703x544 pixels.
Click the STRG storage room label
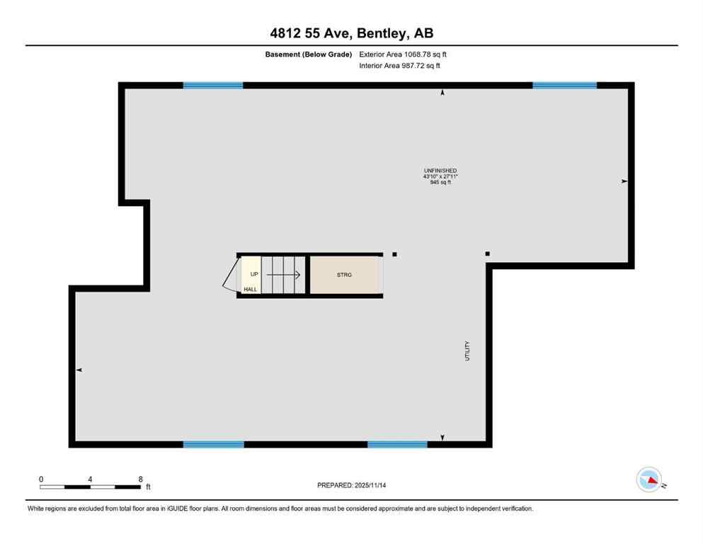[345, 275]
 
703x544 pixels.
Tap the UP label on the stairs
[253, 273]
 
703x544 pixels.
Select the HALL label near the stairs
[251, 289]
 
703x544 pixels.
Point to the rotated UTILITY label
[467, 352]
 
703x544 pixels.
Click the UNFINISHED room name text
[440, 171]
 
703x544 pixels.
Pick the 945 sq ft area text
[440, 182]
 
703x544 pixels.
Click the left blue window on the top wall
[213, 86]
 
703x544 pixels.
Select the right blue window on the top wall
[564, 86]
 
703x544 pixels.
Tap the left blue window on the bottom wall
[213, 445]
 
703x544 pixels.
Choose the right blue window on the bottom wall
[397, 445]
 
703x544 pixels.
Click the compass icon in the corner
[649, 480]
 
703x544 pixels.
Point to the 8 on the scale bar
[140, 480]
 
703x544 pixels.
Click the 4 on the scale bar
[91, 480]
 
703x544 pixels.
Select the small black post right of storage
[394, 254]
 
